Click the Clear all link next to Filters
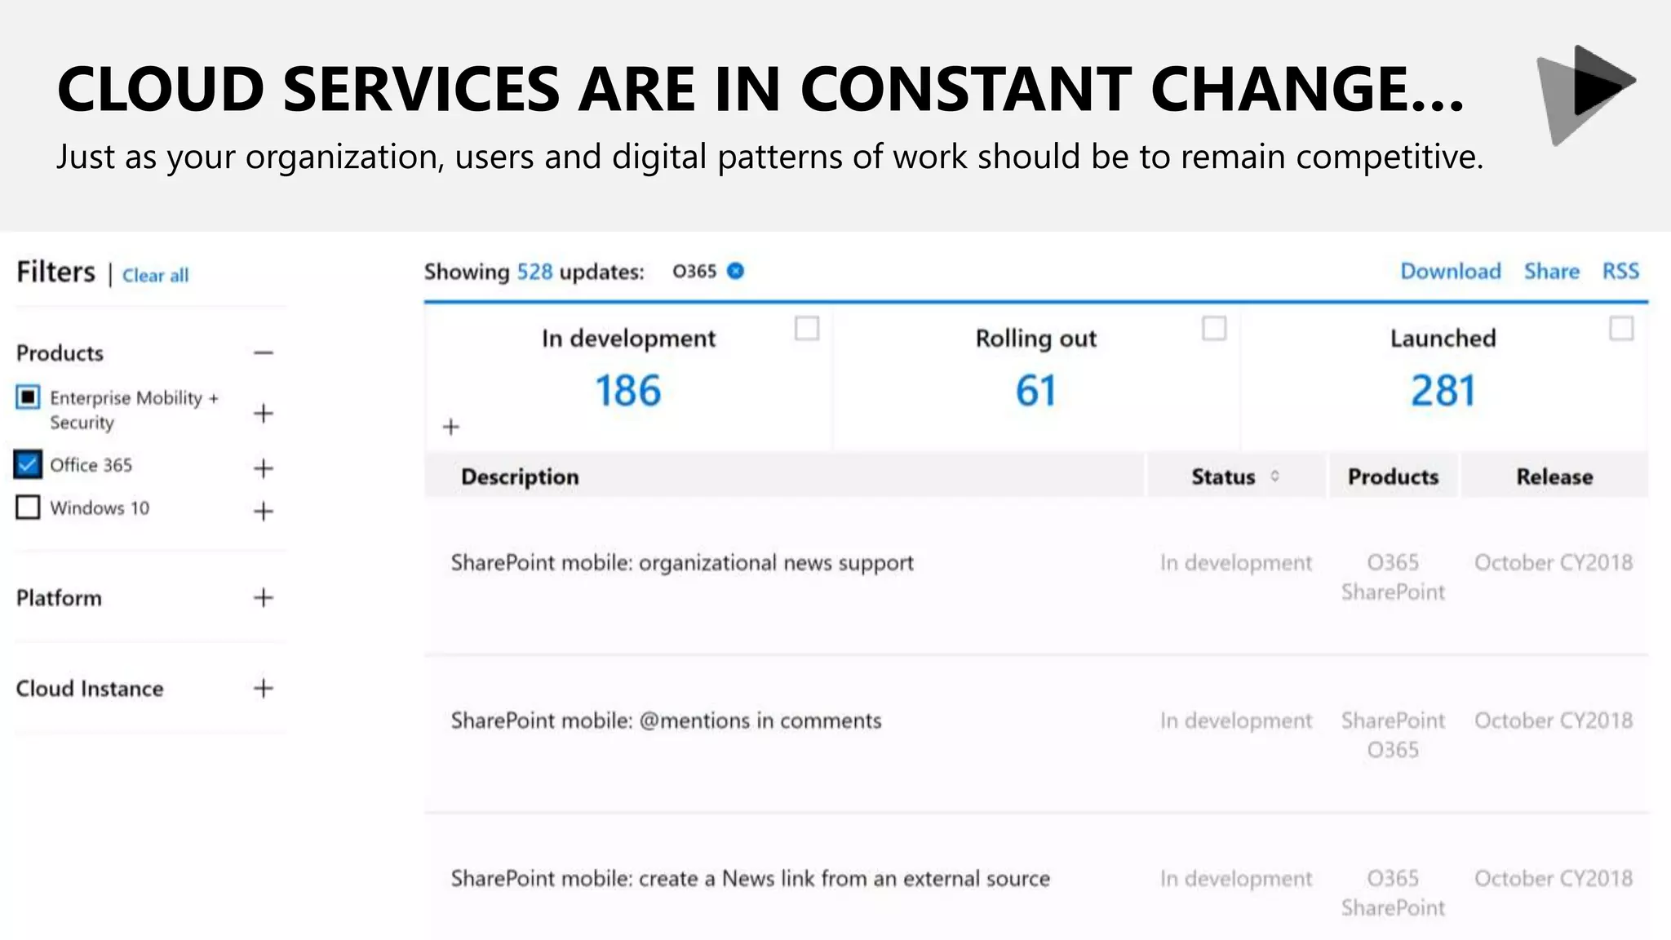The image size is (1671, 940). pos(155,276)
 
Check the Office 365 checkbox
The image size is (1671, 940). pos(28,465)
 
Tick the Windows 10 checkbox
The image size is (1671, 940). pos(28,508)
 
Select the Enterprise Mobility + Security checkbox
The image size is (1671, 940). pos(28,397)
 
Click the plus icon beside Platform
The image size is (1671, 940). pos(263,598)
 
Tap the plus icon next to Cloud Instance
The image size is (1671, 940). pos(263,689)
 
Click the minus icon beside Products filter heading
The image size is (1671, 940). pos(263,353)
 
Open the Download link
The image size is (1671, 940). pos(1450,272)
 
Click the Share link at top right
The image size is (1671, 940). pos(1551,272)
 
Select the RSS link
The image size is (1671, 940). pos(1620,272)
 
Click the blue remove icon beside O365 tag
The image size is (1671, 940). pos(735,271)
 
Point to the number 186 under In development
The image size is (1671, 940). pos(627,391)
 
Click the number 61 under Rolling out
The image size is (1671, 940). pos(1035,391)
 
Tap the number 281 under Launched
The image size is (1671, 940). pos(1443,391)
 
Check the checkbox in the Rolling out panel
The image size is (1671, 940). pos(1213,329)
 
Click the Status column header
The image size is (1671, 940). pos(1223,477)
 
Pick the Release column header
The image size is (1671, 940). pos(1554,477)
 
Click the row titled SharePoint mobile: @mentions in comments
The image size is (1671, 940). pos(666,721)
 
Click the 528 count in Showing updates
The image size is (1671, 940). pos(534,272)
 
